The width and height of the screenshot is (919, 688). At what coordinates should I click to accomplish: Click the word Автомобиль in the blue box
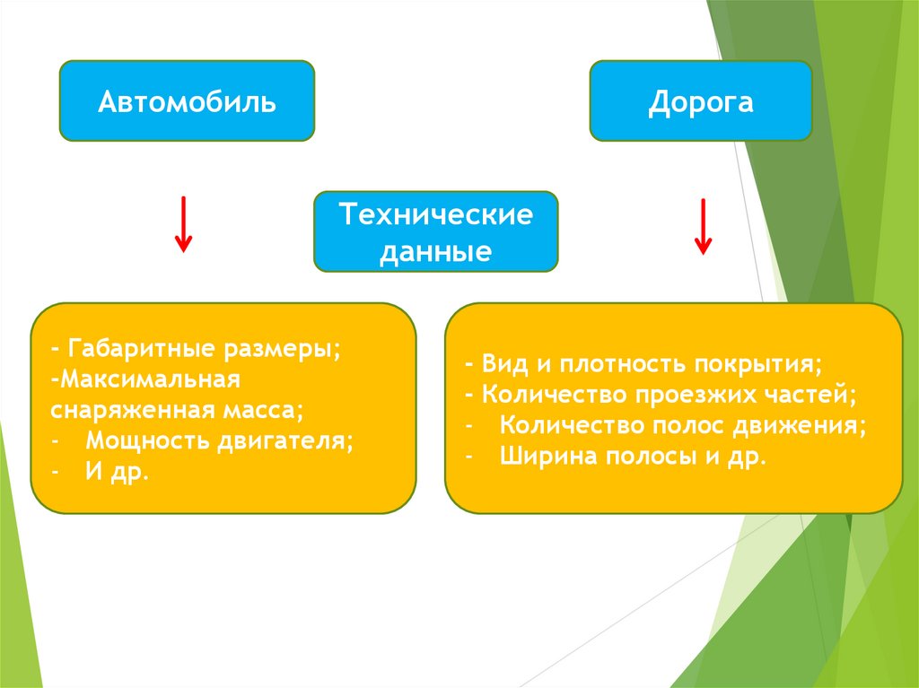coord(187,101)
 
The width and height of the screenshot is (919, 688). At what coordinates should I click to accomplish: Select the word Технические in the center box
coord(435,215)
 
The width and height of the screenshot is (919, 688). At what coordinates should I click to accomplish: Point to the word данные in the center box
coord(435,251)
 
